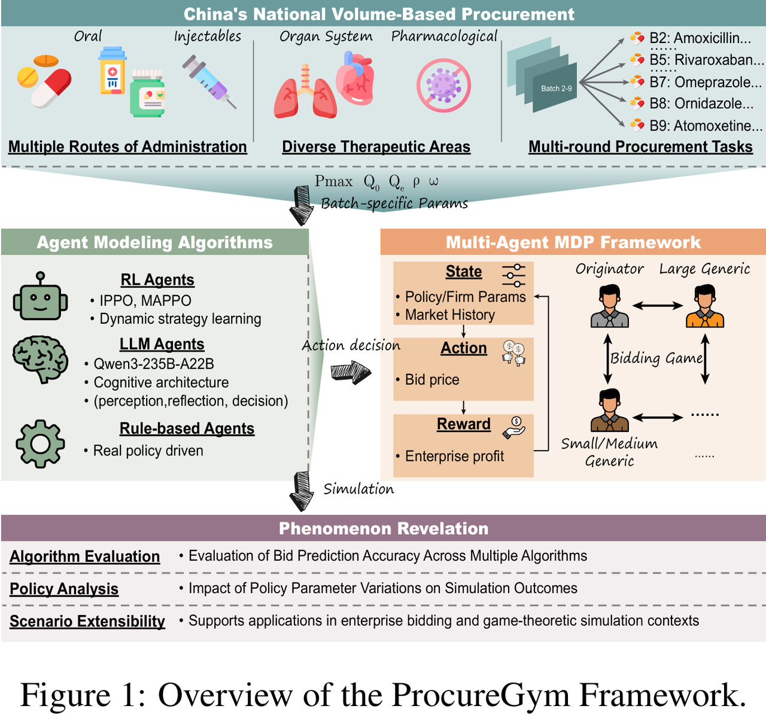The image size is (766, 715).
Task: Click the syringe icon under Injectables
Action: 209,81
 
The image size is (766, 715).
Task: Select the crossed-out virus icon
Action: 443,86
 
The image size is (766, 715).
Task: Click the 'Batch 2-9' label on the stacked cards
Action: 556,89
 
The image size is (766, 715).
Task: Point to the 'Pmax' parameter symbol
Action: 333,181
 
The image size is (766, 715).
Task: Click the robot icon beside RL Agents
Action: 40,297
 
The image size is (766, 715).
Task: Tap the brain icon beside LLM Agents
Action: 41,358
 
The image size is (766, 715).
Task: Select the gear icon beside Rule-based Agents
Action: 40,443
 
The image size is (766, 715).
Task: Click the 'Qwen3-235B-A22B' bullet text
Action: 154,364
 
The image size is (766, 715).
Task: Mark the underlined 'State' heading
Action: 463,272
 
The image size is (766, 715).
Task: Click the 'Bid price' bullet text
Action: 431,379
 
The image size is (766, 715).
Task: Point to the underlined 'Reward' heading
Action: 463,424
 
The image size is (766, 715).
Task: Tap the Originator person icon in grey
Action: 609,306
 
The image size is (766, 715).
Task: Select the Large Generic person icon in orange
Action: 704,306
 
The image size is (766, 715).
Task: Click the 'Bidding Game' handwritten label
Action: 656,358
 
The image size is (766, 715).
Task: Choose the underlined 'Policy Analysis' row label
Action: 64,589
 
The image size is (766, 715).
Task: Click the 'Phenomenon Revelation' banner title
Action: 384,528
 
